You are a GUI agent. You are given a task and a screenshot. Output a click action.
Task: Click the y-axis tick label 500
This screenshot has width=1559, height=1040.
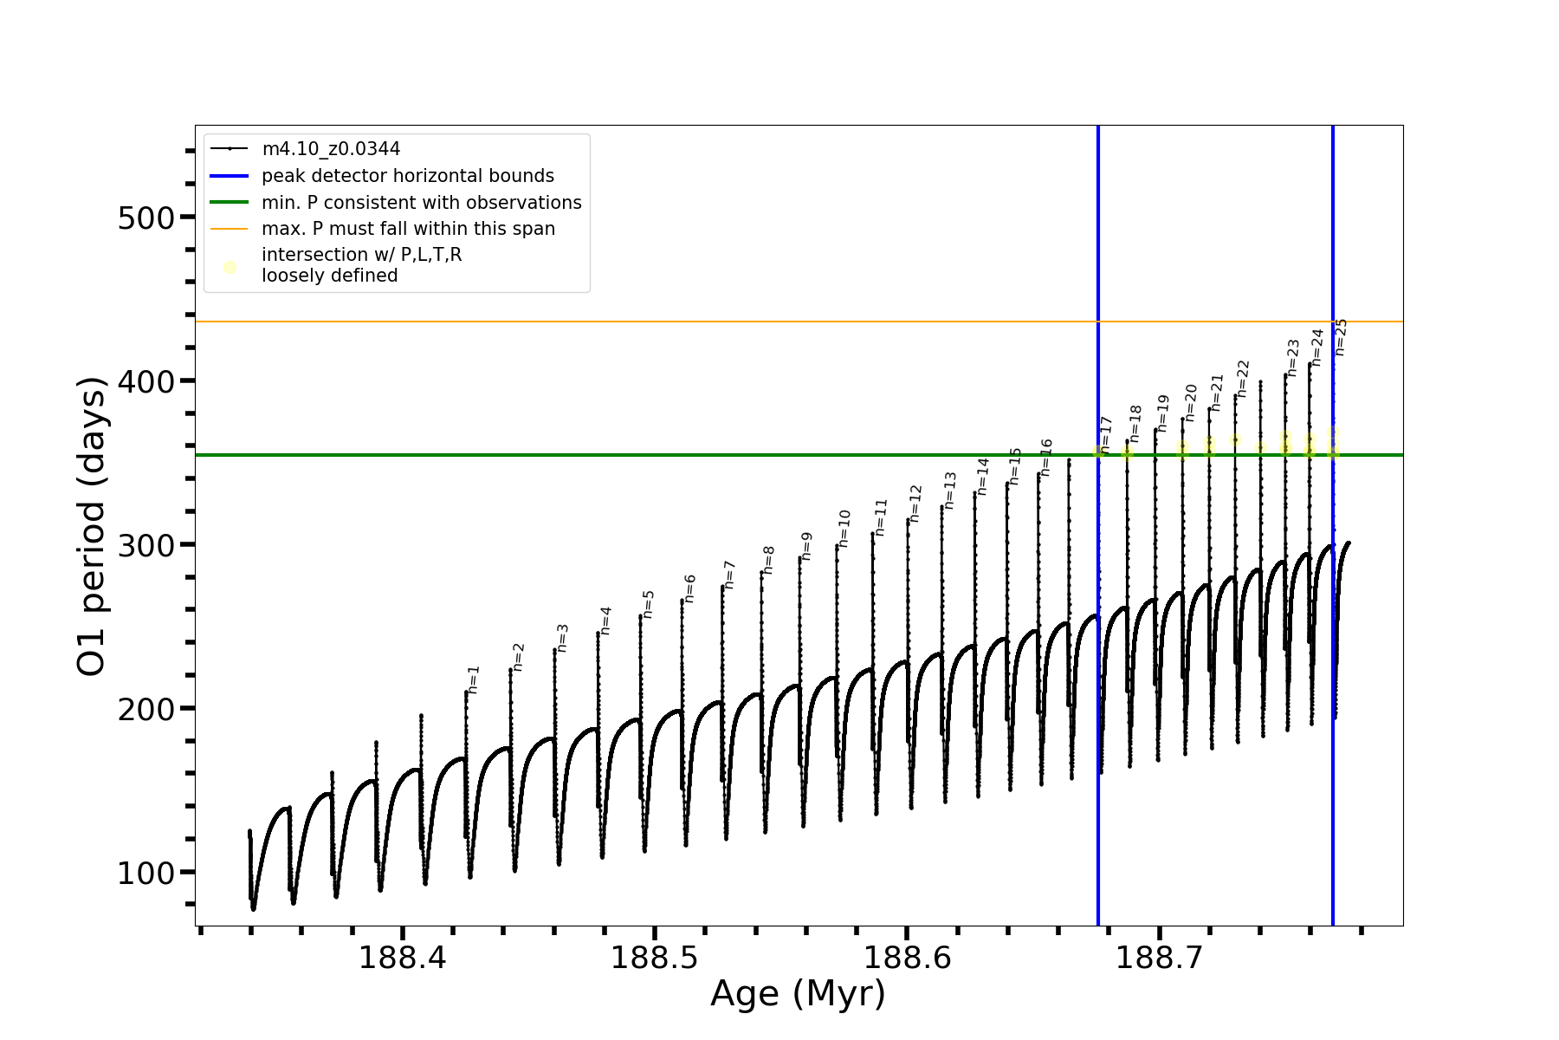[146, 218]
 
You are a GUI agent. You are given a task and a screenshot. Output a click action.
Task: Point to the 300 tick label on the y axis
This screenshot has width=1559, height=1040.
[146, 545]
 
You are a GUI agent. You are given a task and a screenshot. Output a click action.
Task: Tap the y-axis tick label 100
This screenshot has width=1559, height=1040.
[146, 873]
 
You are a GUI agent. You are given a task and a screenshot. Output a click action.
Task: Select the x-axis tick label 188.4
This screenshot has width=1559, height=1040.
[402, 958]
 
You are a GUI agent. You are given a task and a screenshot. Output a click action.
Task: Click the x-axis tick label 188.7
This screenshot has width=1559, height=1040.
[1160, 958]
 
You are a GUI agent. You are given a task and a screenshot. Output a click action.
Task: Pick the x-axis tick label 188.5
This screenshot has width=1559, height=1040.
[655, 958]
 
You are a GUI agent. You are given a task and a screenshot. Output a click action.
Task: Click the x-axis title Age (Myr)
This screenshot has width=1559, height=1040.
[798, 993]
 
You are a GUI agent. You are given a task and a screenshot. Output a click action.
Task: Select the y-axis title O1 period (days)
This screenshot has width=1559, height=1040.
[92, 526]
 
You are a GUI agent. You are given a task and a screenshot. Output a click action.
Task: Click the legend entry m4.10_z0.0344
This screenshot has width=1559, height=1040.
[331, 149]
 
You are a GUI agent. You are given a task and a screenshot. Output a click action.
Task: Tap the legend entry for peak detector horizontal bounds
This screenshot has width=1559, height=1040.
[408, 176]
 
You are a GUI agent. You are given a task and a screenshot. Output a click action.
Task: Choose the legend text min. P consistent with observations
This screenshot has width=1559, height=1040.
[422, 203]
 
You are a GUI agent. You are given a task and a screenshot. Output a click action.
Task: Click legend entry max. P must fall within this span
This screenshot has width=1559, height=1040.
[409, 229]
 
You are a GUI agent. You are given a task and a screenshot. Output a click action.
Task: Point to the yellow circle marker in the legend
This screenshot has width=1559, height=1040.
[230, 267]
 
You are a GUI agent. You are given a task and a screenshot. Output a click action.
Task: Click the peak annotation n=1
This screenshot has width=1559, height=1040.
[473, 679]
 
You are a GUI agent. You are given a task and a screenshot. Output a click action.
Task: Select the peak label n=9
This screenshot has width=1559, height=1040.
[806, 546]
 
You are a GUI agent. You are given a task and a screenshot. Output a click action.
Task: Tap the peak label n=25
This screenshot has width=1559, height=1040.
[1341, 337]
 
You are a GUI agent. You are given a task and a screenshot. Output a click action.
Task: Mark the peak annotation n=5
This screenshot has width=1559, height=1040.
[648, 604]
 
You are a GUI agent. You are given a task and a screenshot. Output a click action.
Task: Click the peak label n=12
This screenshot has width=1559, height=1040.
[915, 504]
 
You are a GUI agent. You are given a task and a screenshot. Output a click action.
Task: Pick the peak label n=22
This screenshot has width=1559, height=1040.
[1243, 379]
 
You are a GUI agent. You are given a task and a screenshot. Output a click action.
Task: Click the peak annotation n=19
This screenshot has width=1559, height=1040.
[1163, 413]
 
